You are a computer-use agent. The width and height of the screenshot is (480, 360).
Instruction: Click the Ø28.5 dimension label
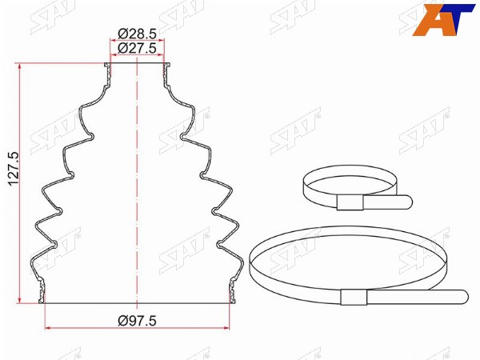coord(137,34)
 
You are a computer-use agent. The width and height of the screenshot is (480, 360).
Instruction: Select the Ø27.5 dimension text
coord(137,48)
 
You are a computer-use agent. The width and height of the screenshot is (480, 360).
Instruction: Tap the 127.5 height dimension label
coord(14,169)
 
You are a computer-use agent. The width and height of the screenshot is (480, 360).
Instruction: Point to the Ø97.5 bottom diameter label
coord(137,321)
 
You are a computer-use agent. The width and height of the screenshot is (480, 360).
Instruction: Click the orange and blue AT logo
coord(443,19)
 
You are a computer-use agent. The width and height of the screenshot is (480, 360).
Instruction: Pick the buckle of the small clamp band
coord(350,202)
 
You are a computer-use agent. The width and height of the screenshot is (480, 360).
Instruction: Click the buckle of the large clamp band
coord(354,297)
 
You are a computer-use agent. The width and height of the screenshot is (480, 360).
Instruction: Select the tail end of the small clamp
coord(409,202)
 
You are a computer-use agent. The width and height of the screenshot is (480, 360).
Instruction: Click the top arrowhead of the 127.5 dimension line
coord(20,66)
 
